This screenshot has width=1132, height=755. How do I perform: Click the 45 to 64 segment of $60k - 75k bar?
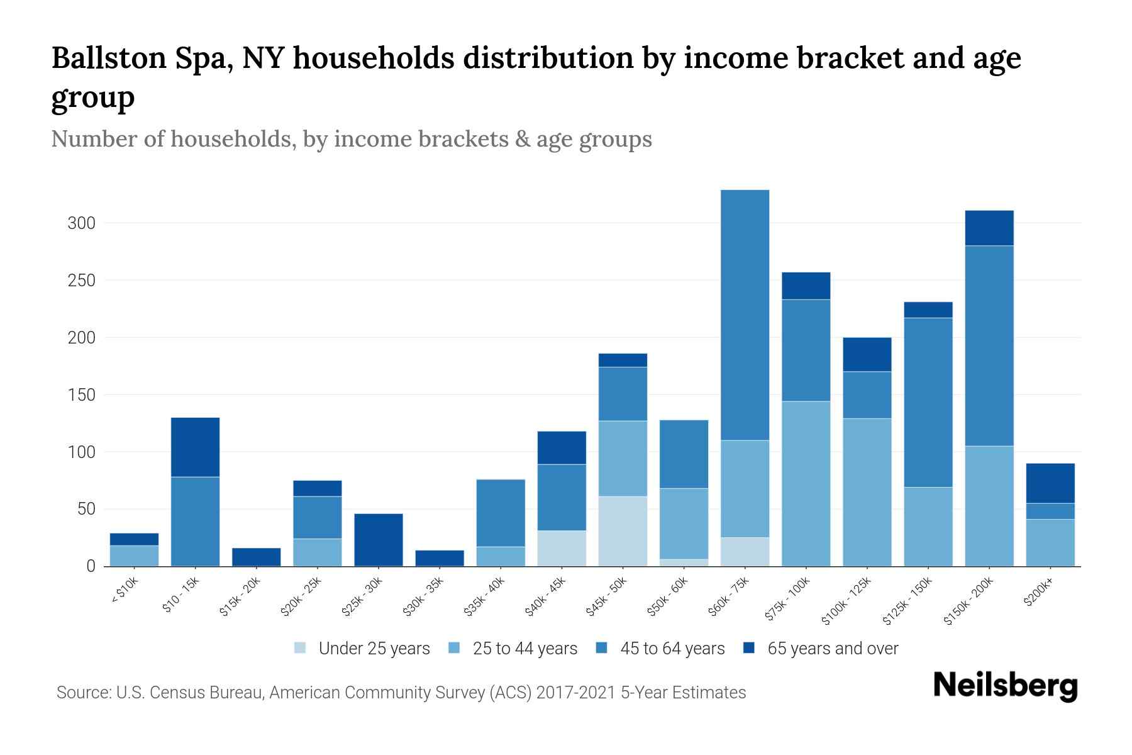pos(745,315)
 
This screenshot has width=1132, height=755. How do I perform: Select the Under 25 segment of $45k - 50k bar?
pos(623,531)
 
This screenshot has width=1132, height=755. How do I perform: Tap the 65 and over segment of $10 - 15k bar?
pos(195,447)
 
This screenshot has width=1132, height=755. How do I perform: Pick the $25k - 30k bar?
pos(379,540)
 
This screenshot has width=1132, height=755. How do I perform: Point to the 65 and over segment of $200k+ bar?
pos(1050,483)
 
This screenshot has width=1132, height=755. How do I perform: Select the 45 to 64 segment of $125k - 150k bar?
pos(928,402)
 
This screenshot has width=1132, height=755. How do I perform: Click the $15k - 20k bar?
pos(256,557)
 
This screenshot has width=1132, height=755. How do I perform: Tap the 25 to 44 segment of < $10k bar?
pos(134,556)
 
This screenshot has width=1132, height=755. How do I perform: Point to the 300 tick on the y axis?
pos(81,223)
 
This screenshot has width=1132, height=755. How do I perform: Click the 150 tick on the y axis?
pos(81,395)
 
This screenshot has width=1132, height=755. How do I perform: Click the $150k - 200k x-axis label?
pos(968,601)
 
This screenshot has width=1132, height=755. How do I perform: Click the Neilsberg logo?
pos(1005,685)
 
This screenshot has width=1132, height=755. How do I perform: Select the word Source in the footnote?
pos(82,693)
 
